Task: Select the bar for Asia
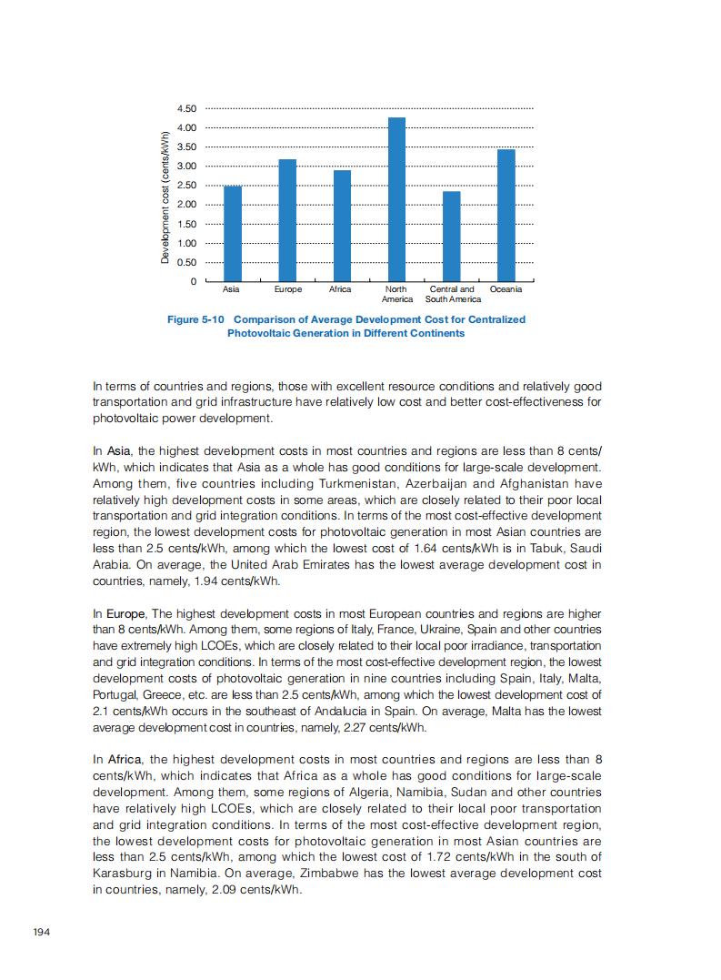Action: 233,233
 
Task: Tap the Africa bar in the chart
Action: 342,226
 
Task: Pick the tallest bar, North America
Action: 396,199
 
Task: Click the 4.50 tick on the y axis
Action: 187,109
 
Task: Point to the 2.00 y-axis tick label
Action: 187,205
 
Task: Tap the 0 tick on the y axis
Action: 194,281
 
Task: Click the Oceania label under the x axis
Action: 506,289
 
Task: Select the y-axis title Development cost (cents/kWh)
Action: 165,197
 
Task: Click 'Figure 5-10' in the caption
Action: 198,319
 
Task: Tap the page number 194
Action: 41,932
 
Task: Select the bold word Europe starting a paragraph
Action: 125,613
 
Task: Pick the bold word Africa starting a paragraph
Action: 124,759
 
